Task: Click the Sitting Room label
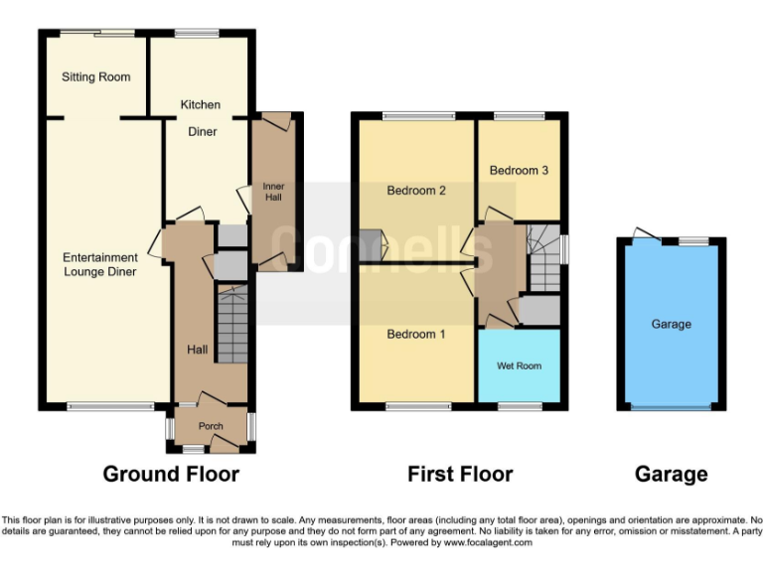point(96,76)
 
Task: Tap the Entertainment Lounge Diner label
point(99,264)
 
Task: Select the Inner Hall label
point(272,192)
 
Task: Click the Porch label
point(211,427)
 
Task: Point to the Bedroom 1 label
point(415,335)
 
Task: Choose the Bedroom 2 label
point(415,191)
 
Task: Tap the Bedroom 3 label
point(519,171)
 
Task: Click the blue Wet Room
point(519,365)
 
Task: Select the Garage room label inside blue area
point(671,324)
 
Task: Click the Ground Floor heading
point(171,474)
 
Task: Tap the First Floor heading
point(460,474)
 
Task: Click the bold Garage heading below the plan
point(671,474)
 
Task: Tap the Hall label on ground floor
point(198,350)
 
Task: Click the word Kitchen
point(200,104)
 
